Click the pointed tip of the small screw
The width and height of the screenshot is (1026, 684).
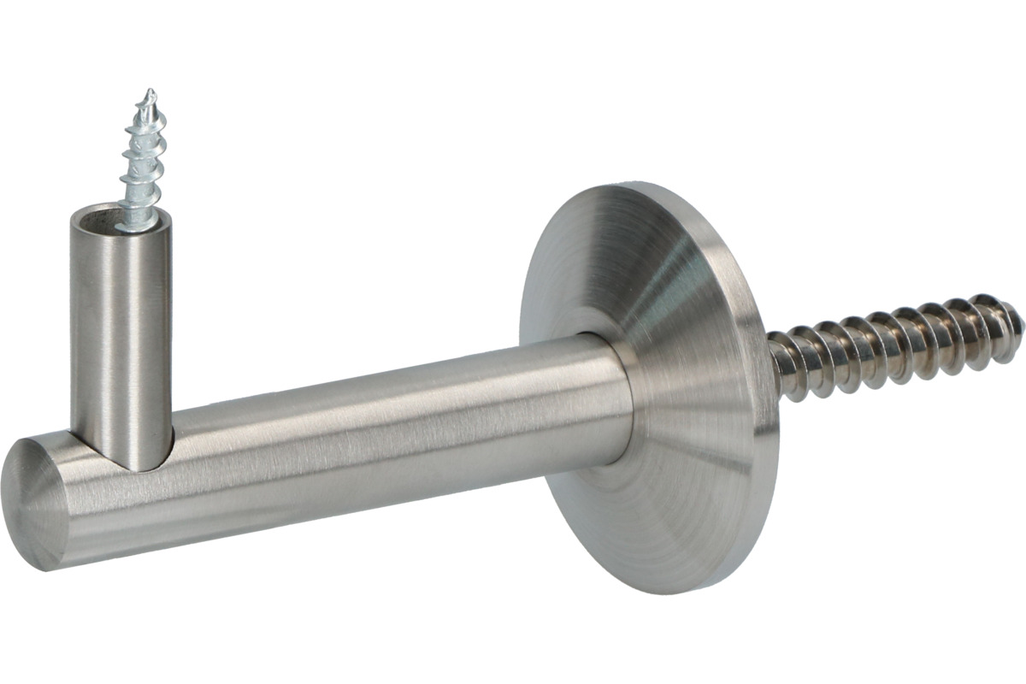pyautogui.click(x=150, y=92)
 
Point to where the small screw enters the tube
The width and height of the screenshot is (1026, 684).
pyautogui.click(x=138, y=224)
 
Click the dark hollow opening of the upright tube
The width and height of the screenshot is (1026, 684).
pyautogui.click(x=107, y=215)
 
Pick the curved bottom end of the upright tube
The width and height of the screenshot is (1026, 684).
pyautogui.click(x=128, y=462)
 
